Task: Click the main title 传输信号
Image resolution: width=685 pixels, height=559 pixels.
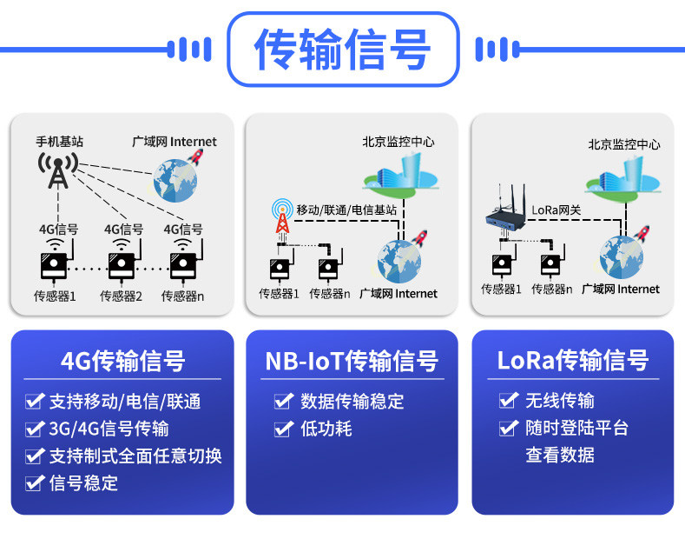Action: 342,49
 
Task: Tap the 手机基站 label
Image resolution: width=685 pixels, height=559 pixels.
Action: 59,142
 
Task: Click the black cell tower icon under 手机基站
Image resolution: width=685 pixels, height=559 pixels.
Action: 58,170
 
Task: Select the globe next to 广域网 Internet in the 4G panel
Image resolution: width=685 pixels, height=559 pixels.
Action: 175,180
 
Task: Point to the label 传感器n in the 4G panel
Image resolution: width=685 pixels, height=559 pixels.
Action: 182,296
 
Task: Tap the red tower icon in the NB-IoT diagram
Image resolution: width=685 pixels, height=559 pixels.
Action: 282,216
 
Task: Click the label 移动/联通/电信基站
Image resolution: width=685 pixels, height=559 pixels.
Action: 346,210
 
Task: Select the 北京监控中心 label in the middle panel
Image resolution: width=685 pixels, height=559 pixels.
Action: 398,142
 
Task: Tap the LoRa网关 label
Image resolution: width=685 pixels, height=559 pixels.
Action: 557,210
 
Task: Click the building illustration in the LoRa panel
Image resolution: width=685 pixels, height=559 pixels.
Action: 623,178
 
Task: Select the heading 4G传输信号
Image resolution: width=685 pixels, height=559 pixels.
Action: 122,361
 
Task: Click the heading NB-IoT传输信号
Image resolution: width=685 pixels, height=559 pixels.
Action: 352,361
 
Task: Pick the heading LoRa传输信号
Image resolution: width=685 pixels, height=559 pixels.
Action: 573,361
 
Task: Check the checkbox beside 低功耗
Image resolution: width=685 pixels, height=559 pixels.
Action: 284,429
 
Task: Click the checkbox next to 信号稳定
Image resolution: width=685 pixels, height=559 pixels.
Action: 35,482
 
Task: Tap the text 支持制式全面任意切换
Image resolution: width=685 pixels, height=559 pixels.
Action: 135,456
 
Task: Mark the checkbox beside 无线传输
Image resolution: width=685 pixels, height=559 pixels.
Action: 509,400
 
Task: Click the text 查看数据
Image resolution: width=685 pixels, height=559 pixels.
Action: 560,455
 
